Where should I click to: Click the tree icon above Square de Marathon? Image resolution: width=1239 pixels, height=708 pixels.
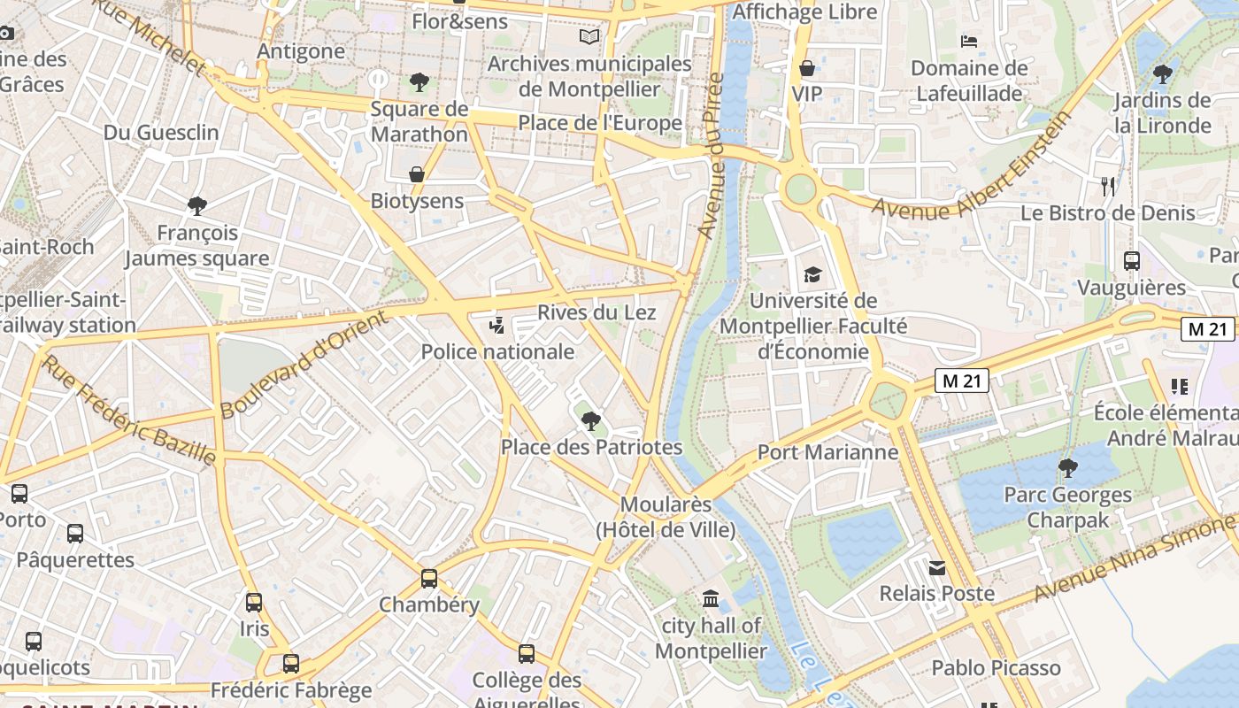click(x=419, y=82)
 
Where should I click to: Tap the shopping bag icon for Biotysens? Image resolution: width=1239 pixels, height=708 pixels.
click(x=416, y=174)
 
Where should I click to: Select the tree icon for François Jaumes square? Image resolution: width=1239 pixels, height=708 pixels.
click(x=197, y=206)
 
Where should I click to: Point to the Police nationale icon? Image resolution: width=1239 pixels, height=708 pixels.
click(x=496, y=326)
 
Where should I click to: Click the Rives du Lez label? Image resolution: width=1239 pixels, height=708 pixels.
click(x=596, y=312)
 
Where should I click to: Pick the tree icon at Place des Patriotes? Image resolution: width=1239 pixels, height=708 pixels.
click(x=591, y=420)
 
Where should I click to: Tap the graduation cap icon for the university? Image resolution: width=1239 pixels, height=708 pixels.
click(x=812, y=274)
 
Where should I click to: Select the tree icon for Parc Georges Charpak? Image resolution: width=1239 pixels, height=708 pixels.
click(x=1068, y=467)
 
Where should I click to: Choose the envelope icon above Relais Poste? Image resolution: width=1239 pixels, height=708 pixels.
click(x=936, y=567)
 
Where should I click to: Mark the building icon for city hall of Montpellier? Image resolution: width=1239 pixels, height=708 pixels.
click(x=711, y=599)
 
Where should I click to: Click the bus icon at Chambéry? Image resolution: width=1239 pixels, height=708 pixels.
click(x=429, y=579)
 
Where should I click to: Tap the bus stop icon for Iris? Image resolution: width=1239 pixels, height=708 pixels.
click(x=254, y=603)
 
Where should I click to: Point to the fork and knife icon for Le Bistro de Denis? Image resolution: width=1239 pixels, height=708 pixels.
click(x=1107, y=186)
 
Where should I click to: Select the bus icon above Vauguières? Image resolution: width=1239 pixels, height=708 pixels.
click(x=1132, y=261)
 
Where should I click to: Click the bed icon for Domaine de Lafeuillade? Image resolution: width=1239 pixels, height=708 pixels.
click(x=969, y=41)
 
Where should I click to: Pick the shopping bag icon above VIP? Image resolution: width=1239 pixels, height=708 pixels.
click(x=807, y=68)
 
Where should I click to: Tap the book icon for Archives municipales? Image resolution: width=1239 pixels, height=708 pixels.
click(x=589, y=36)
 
